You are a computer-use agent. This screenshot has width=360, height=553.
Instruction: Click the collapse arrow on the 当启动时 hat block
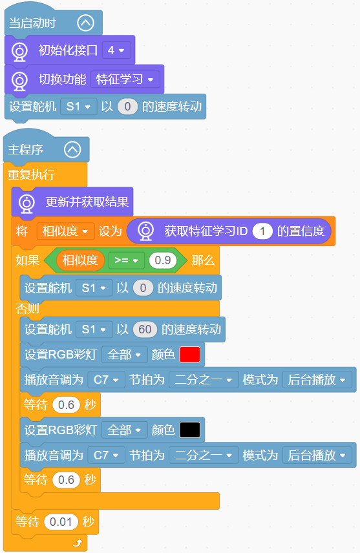pos(86,23)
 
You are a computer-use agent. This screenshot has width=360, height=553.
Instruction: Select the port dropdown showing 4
pos(116,50)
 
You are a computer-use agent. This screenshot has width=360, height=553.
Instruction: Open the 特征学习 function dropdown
pos(125,79)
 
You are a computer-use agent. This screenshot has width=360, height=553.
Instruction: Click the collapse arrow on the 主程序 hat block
pos(72,149)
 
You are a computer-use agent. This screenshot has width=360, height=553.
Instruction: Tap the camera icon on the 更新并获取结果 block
pos(26,203)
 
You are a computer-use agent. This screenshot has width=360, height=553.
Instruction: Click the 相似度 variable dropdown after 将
pos(65,231)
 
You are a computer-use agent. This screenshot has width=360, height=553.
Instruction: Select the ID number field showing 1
pos(262,231)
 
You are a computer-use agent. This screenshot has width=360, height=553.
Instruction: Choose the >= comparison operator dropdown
pos(126,260)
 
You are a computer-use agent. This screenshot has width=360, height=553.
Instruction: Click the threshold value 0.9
pos(163,260)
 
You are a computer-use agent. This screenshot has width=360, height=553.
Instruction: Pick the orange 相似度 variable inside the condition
pos(80,260)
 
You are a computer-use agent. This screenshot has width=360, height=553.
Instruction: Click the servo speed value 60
pos(145,329)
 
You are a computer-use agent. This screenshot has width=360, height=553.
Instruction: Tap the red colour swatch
pos(190,355)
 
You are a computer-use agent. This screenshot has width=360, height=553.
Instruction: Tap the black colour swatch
pos(190,430)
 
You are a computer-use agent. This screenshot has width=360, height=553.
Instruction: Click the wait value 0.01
pos(61,521)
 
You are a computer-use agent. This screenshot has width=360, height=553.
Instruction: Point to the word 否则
pos(28,309)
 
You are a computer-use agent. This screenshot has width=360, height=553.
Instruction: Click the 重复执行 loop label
pos(32,174)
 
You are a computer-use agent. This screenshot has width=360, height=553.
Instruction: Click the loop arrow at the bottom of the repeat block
pos(78,543)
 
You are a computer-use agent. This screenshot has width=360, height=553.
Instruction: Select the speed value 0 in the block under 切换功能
pos(128,107)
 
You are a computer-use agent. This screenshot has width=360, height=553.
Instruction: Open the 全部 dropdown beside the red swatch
pos(124,355)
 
